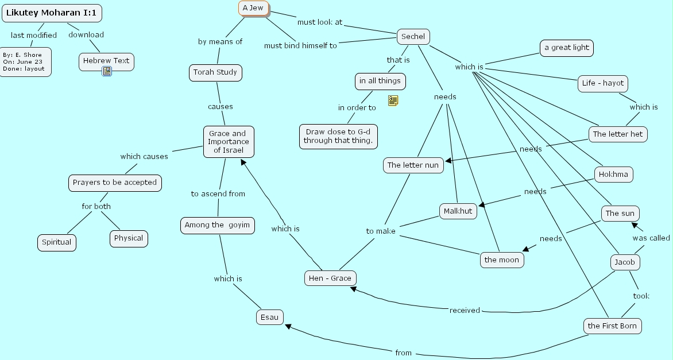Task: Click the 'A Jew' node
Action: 253,8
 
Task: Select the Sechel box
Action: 413,37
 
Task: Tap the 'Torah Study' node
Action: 215,73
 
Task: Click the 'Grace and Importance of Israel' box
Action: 228,142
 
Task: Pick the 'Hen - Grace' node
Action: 330,278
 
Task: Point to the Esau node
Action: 269,317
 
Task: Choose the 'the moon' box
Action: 501,260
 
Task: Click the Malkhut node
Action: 458,211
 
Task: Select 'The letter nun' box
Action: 413,165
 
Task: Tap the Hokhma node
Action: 613,175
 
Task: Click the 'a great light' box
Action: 566,48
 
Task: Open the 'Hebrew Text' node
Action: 106,61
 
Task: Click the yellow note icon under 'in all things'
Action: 393,101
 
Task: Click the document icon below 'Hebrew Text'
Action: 107,71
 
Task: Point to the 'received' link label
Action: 465,311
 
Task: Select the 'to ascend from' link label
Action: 218,194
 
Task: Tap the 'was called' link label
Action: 651,238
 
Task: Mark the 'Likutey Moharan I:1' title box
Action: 51,13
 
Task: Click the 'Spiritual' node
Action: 57,242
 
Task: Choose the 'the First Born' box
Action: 612,326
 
